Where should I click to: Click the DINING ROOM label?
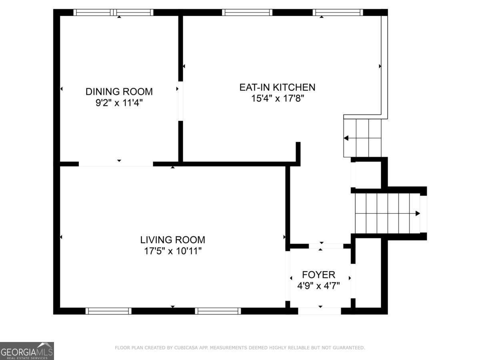119,92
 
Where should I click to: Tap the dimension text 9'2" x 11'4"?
119,103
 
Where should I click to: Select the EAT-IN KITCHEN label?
277,87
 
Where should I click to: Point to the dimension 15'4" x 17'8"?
277,98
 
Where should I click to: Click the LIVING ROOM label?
172,240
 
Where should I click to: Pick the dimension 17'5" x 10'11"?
172,251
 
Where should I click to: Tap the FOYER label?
318,275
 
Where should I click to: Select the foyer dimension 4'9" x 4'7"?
318,286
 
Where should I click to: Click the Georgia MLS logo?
27,351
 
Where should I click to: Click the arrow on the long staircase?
417,213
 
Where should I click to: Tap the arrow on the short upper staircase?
346,138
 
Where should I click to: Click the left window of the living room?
108,311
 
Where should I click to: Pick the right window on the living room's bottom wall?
218,311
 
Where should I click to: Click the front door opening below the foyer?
320,311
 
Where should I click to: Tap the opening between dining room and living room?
116,164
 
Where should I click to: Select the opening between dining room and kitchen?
180,101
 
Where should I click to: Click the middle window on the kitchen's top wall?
247,12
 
